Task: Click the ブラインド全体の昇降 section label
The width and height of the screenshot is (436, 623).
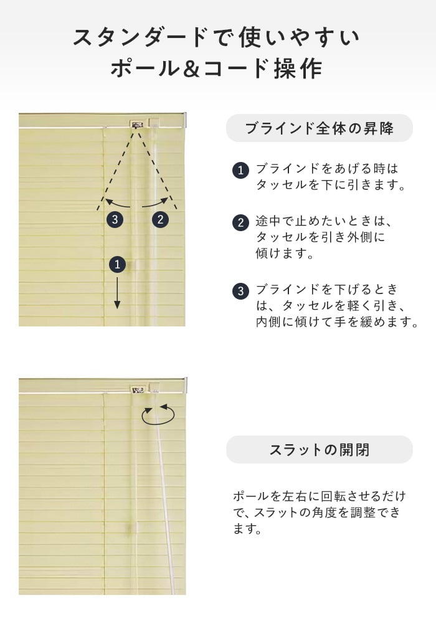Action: click(320, 128)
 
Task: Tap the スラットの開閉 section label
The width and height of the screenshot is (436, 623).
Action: click(320, 450)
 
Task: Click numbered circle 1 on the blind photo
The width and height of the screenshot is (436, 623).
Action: click(117, 265)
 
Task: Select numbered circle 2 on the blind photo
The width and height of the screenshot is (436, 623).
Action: click(161, 219)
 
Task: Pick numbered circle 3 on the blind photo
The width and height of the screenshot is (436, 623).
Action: click(115, 219)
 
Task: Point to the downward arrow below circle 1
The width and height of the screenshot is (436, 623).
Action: click(117, 293)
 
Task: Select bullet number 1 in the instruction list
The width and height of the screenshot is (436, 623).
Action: click(240, 171)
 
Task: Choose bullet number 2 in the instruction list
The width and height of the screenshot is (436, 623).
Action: click(240, 222)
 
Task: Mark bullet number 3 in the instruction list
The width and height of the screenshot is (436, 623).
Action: click(240, 291)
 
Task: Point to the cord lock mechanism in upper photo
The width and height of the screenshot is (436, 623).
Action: click(137, 124)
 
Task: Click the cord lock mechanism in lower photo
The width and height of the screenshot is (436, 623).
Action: click(138, 390)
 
